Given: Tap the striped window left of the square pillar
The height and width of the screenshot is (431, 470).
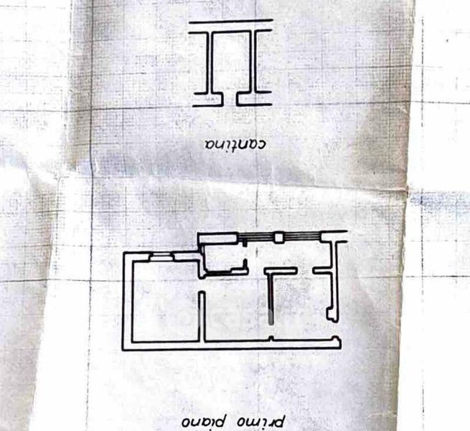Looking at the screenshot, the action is [x=259, y=237].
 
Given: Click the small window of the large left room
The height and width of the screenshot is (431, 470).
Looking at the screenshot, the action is [x=161, y=255].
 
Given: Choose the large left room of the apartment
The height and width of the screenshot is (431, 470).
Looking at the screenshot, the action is [x=164, y=298].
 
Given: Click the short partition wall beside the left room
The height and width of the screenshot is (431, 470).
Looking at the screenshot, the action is [x=203, y=316].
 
